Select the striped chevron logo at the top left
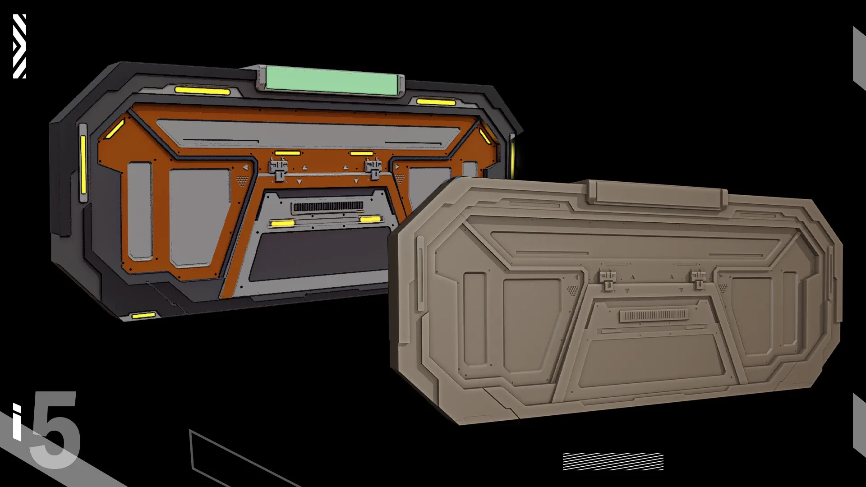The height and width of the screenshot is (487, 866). (x=19, y=46)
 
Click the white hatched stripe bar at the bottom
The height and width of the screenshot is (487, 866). (x=613, y=461)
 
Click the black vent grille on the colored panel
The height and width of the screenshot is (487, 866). (x=328, y=207)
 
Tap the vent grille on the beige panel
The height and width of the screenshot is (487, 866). (x=654, y=315)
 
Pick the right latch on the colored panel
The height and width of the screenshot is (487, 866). (x=373, y=170)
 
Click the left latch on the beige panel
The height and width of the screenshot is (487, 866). (x=607, y=279)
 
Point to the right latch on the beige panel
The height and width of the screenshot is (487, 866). (x=698, y=279)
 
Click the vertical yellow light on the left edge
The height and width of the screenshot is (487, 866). (x=83, y=164)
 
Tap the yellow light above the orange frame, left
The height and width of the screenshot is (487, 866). (x=202, y=91)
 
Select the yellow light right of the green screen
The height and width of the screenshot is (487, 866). (x=436, y=102)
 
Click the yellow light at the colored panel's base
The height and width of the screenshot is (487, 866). (x=143, y=315)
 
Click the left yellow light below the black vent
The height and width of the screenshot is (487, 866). (x=282, y=223)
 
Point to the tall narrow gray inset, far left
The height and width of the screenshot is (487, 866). (x=140, y=211)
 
